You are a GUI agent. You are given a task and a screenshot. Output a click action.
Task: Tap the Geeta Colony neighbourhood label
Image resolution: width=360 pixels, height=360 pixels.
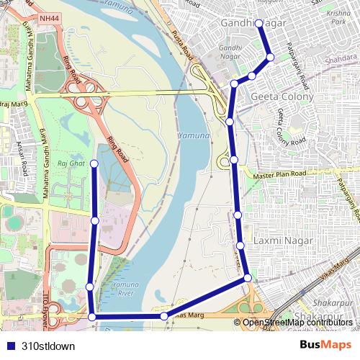pos(282,96)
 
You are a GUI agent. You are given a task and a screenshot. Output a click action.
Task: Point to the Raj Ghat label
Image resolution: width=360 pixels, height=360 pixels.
pos(76,164)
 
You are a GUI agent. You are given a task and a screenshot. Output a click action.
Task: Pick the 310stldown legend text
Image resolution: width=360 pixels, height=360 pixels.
pos(48,346)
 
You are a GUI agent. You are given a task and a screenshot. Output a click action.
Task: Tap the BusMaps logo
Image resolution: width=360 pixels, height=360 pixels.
pos(326,346)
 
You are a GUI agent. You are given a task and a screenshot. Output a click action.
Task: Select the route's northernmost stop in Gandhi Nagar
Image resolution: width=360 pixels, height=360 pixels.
pos(259,23)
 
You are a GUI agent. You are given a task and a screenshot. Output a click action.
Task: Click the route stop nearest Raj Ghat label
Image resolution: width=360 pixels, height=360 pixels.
pos(94,165)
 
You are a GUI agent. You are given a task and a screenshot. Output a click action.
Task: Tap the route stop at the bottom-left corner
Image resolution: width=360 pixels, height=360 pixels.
pos(91,316)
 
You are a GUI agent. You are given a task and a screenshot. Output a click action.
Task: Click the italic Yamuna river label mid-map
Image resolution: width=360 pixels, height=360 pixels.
pos(194,135)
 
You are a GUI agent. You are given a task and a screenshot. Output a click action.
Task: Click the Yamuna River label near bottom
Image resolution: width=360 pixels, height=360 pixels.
pos(125,289)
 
